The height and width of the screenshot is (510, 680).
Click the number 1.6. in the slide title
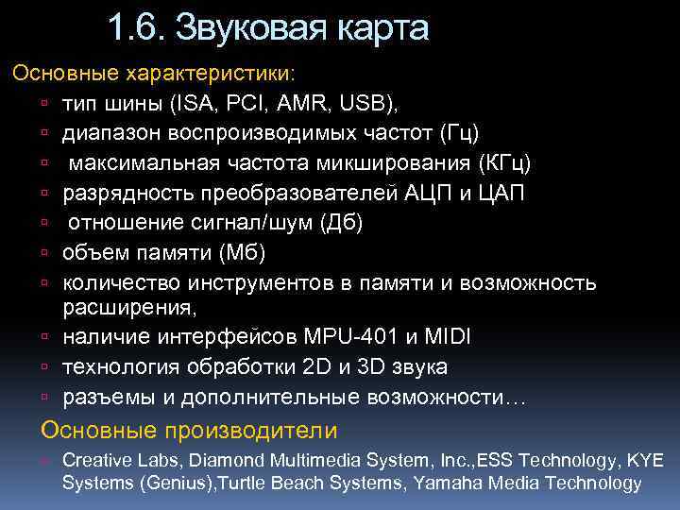click(136, 28)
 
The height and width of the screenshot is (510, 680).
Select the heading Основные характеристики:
click(152, 73)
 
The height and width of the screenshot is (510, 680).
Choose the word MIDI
click(449, 337)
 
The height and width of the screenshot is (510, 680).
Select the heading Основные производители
click(188, 432)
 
